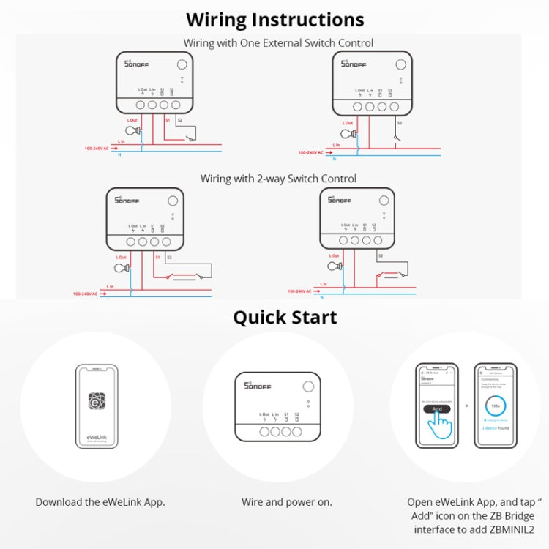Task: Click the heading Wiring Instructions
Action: click(x=274, y=19)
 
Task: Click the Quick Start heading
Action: click(x=285, y=317)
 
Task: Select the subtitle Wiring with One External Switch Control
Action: click(x=278, y=43)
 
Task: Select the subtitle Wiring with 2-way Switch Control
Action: click(x=278, y=179)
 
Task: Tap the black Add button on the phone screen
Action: click(x=437, y=408)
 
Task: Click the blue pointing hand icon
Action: click(x=441, y=424)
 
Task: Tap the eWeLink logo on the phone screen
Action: click(x=97, y=401)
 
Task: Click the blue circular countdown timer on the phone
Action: click(x=495, y=404)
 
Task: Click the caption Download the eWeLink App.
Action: click(x=100, y=502)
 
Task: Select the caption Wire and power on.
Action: click(x=286, y=502)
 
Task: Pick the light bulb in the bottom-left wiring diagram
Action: click(x=123, y=268)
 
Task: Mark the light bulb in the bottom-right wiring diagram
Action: click(x=333, y=266)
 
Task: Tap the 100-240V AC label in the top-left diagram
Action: click(x=96, y=149)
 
